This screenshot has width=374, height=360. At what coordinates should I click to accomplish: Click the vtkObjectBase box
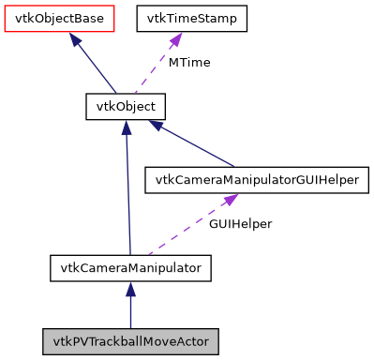coord(58,18)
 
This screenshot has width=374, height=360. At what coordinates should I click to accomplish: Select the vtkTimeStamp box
coord(192,18)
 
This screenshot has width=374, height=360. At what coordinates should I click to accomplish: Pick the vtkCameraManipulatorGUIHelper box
coord(253,180)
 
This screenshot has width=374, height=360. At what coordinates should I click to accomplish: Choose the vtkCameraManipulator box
coord(130,268)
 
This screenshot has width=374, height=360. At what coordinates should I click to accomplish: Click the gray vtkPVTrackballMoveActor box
coord(130,339)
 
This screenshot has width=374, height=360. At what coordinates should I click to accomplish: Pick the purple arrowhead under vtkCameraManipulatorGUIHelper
coord(227,202)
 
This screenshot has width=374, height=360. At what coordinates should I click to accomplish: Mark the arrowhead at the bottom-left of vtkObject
coord(126,128)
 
